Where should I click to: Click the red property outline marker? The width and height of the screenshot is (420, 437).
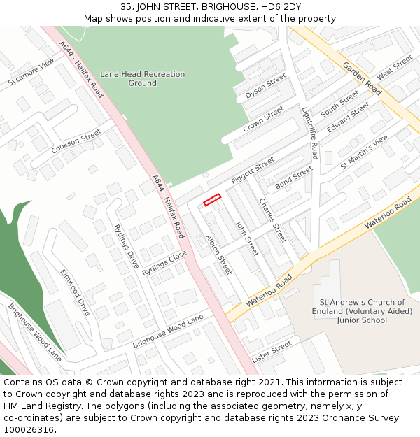click(212, 200)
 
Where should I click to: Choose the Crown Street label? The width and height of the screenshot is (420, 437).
click(263, 120)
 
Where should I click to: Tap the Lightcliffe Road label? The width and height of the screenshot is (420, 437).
click(309, 133)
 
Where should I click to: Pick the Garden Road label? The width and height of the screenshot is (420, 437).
click(362, 79)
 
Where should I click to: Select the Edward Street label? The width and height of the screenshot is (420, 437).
click(348, 117)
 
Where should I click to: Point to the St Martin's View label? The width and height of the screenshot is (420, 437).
click(364, 152)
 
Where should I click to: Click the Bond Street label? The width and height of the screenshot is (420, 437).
click(294, 178)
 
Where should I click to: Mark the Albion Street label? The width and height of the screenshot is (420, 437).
click(219, 254)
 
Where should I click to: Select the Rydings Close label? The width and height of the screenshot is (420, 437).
click(164, 262)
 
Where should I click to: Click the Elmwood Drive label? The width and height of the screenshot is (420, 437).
click(75, 292)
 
